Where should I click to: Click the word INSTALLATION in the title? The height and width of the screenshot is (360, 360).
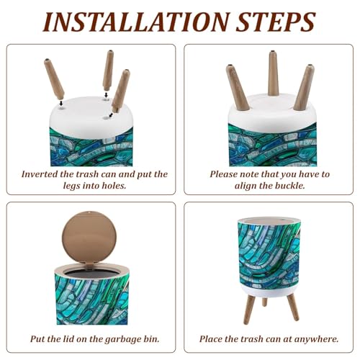click(x=136, y=22)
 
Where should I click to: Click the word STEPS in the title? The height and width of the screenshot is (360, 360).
click(x=276, y=22)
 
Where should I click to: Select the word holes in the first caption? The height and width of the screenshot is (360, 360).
click(x=114, y=185)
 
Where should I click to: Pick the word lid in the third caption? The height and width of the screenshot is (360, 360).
click(x=72, y=338)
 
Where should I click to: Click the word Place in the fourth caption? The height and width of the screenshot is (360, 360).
click(x=211, y=338)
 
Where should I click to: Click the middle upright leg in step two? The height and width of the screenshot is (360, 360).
click(x=274, y=73)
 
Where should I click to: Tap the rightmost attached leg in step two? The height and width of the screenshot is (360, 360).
click(x=304, y=88)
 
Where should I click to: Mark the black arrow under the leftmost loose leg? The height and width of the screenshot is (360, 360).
click(x=61, y=103)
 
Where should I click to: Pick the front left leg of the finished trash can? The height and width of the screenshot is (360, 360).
click(x=250, y=310)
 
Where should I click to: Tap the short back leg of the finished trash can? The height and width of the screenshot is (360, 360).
click(x=264, y=302)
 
